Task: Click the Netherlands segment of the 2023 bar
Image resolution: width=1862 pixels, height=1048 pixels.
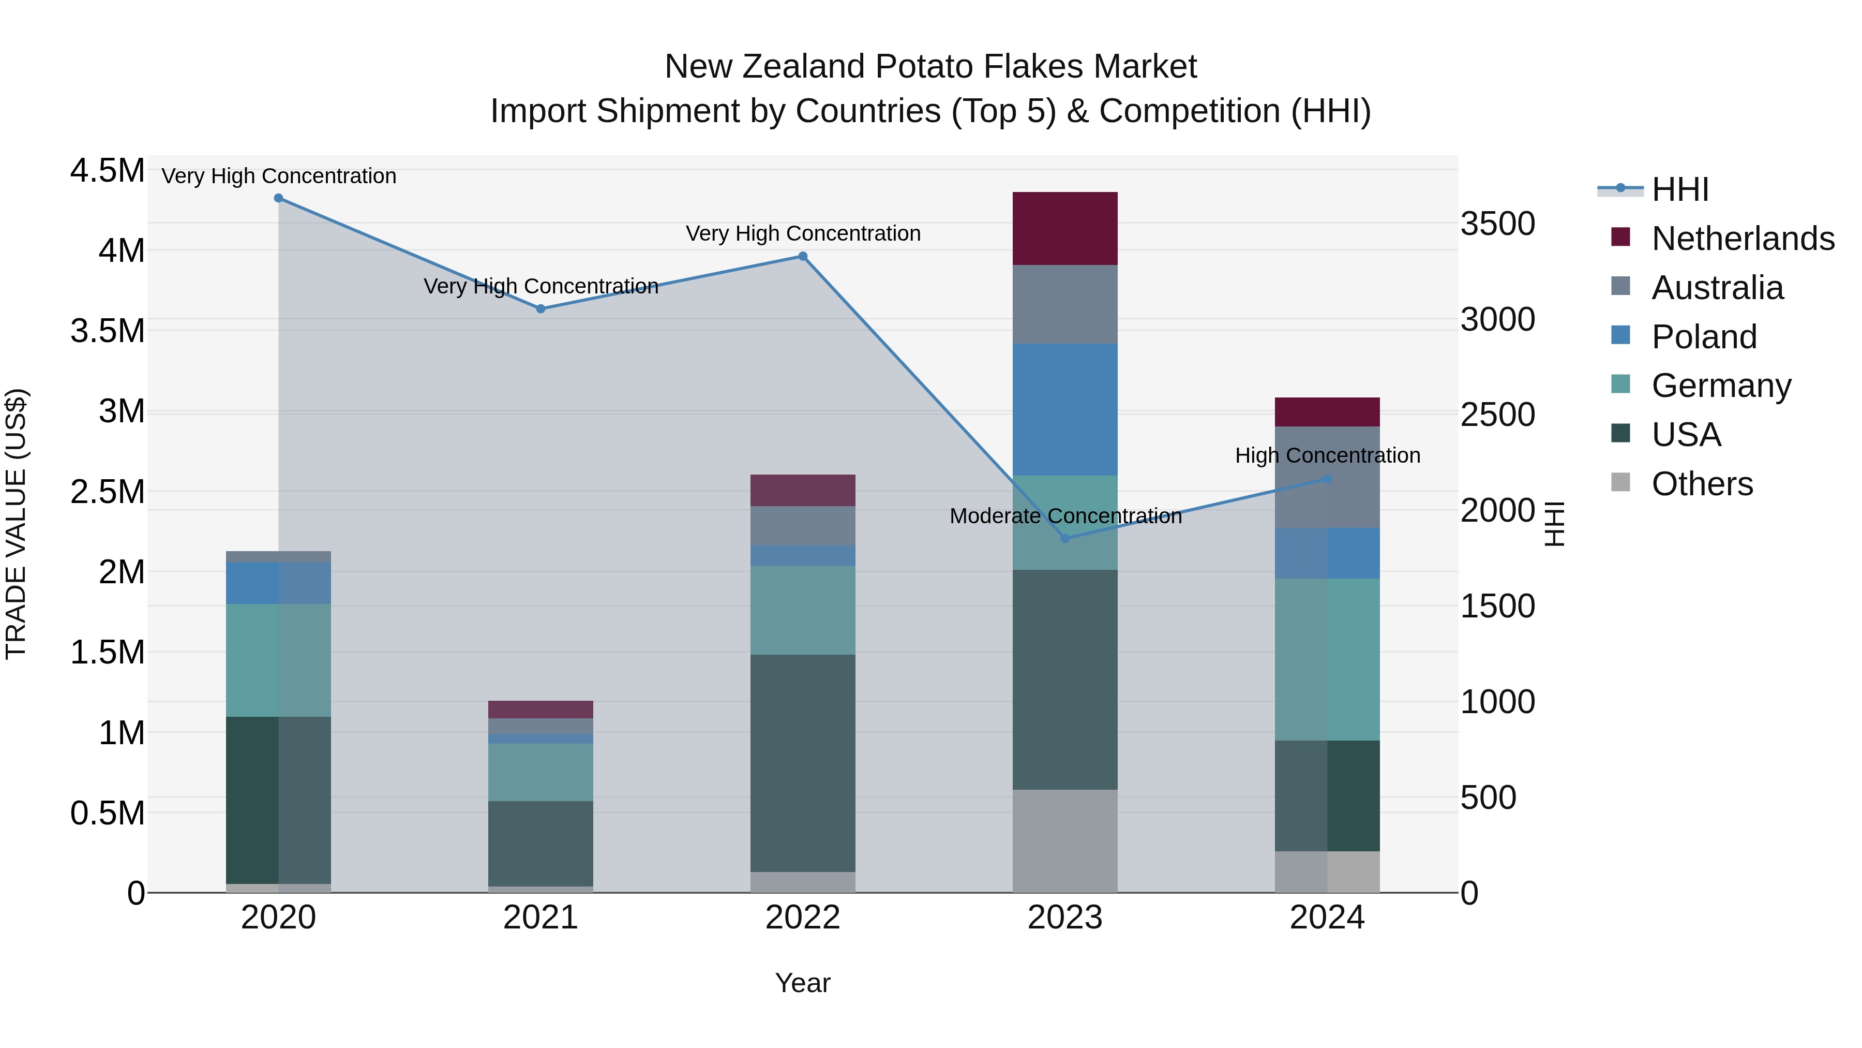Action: click(x=1065, y=229)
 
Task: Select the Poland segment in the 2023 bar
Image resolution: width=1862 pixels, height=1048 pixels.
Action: click(x=1065, y=409)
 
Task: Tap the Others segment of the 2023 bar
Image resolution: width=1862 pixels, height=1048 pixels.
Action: click(x=1065, y=840)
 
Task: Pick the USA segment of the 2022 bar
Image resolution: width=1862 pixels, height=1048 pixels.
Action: click(x=802, y=763)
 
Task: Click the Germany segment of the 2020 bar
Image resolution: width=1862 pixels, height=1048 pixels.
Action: click(x=278, y=660)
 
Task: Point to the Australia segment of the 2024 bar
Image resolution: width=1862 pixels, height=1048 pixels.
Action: click(x=1327, y=477)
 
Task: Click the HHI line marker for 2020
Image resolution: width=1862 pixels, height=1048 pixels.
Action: click(x=278, y=198)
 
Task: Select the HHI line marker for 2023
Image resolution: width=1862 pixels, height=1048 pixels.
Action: click(x=1065, y=538)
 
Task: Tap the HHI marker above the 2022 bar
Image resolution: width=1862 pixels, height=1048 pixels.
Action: click(x=802, y=256)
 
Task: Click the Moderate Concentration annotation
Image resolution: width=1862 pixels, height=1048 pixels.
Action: click(x=1065, y=516)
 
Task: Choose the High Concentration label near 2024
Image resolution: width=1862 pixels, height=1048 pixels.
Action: click(x=1327, y=455)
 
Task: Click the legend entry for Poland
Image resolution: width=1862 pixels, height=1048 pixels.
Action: click(x=1704, y=337)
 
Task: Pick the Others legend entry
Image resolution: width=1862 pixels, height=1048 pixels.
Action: click(x=1702, y=484)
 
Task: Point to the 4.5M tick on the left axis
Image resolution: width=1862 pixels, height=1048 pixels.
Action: click(x=107, y=171)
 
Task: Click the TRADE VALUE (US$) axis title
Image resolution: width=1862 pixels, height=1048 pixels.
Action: click(x=17, y=524)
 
